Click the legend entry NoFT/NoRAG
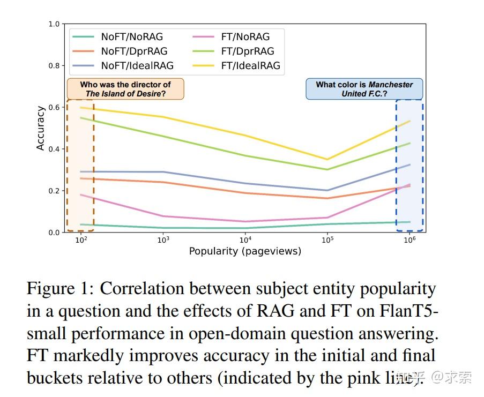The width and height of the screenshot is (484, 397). coord(132,37)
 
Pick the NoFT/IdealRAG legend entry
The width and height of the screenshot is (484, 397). coord(137,66)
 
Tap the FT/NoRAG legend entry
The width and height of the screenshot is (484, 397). coord(245,37)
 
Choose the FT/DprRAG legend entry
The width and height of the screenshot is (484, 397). coord(247,51)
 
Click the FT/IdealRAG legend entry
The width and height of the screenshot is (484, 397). coord(250,66)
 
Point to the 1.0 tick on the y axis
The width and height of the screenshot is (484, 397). coord(54,24)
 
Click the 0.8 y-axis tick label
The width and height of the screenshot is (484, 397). coord(54,66)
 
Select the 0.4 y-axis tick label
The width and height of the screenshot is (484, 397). coord(54,149)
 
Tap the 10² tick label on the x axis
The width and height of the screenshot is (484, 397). coord(81,241)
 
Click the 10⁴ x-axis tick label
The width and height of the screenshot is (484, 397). coord(245,241)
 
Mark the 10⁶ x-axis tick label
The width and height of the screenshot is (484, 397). coord(409,241)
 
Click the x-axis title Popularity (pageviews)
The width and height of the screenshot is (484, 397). coord(245,251)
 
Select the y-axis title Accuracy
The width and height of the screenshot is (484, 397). coord(40,128)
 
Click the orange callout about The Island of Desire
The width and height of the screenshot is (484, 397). coord(125,89)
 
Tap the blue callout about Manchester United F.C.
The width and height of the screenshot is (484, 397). coord(364,89)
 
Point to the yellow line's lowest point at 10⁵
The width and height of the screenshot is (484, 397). coord(327,159)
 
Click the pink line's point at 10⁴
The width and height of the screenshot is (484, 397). coord(245,221)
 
